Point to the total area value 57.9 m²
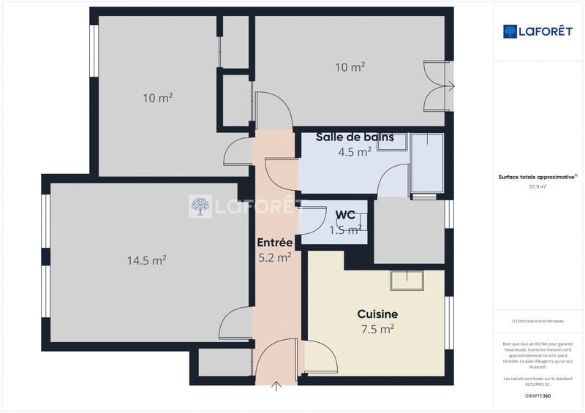pos(537,186)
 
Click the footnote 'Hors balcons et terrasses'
pos(537,321)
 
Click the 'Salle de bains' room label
pos(355,137)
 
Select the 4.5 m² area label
pos(355,152)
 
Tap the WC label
pos(346,216)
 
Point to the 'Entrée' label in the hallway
pos(275,243)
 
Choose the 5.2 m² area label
pos(275,257)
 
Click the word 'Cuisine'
pos(377,314)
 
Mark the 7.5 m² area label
pos(377,329)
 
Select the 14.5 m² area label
pos(146,259)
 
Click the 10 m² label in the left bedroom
pos(157,97)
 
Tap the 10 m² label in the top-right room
pos(350,67)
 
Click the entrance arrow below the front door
pos(276,386)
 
